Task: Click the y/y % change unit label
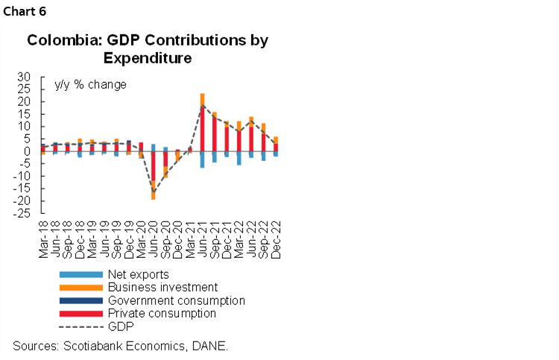[90, 84]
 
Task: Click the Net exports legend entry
[139, 274]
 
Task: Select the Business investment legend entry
[162, 287]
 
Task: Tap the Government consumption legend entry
[176, 300]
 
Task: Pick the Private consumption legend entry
[162, 313]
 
